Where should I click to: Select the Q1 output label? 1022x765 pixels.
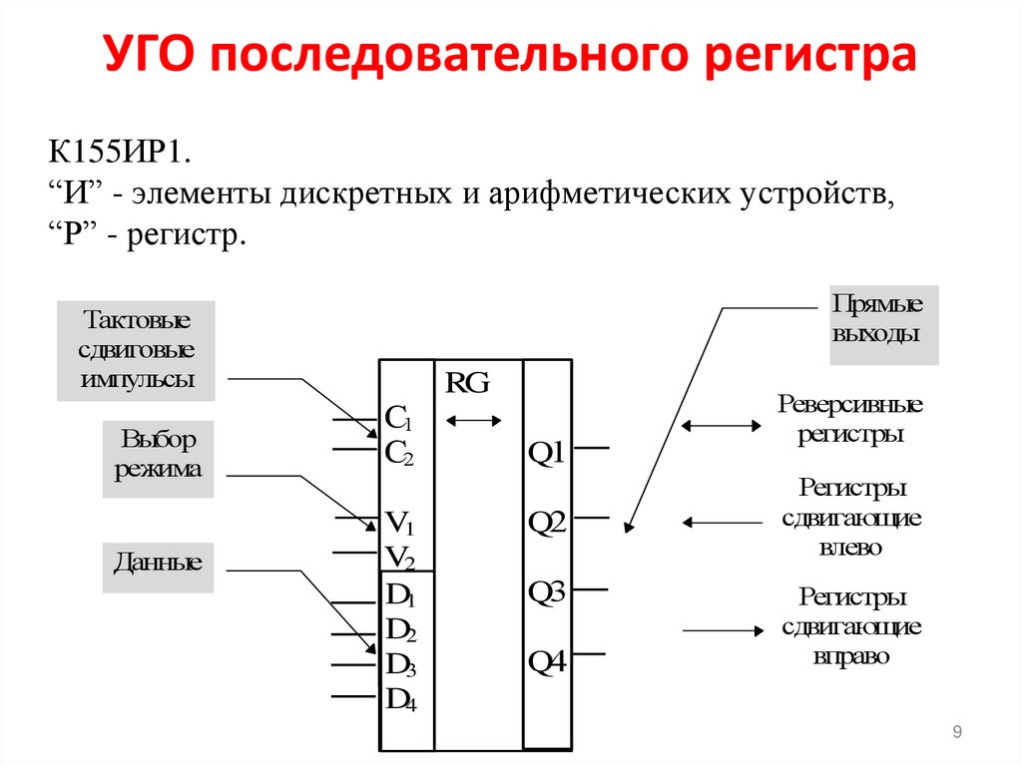(x=547, y=454)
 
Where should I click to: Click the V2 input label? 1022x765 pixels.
(x=400, y=557)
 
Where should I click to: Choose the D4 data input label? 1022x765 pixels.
(x=401, y=700)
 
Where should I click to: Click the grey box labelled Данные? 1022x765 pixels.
(x=158, y=563)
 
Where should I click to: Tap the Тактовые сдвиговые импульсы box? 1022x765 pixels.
(x=137, y=351)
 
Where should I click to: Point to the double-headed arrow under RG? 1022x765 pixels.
(x=474, y=421)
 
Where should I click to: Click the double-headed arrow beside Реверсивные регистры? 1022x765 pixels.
(x=720, y=426)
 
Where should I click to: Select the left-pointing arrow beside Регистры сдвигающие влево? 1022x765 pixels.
(x=720, y=521)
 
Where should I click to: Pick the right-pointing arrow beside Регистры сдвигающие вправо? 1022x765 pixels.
(x=720, y=630)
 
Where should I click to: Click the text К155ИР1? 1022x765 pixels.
(x=119, y=158)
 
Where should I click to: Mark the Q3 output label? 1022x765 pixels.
(x=547, y=592)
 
